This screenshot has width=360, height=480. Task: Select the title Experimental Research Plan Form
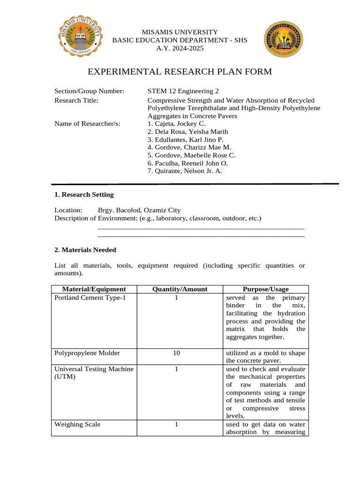point(180,72)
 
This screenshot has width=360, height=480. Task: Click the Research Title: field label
point(76,100)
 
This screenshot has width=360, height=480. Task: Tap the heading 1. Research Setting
point(84,195)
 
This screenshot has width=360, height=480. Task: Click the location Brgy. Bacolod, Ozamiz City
point(139,210)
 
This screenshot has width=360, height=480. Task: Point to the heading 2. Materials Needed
point(85,250)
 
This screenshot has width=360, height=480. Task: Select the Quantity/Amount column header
point(180,289)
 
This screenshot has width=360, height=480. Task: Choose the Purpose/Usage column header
point(265,289)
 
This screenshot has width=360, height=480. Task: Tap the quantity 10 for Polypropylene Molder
point(176,353)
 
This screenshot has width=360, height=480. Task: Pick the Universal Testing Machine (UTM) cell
point(94,374)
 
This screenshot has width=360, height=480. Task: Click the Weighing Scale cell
point(77,424)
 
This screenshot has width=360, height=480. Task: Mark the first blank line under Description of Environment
point(201,228)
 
